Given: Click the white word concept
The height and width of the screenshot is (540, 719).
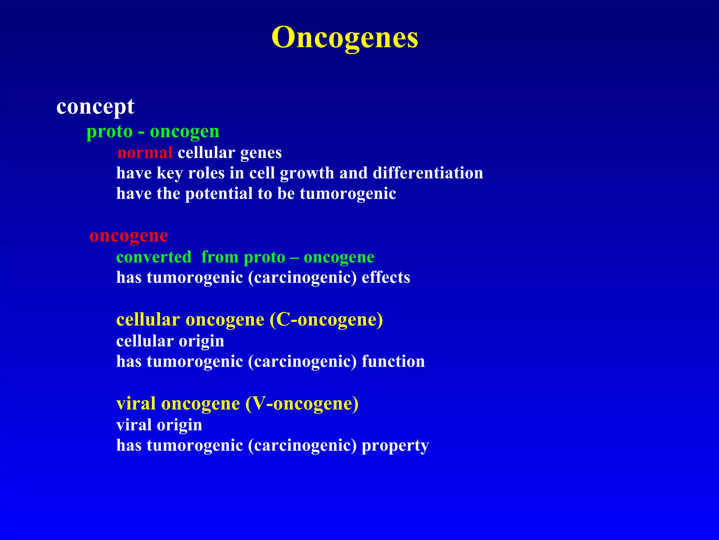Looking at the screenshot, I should [x=95, y=106].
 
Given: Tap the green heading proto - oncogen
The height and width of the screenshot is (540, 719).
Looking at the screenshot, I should [x=153, y=132].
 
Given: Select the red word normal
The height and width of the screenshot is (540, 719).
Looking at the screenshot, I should [x=145, y=153].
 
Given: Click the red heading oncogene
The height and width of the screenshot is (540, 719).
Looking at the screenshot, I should [x=128, y=236].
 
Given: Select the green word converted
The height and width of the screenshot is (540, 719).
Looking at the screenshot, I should [x=154, y=257].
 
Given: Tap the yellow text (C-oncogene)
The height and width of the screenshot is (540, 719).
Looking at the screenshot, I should [x=326, y=320].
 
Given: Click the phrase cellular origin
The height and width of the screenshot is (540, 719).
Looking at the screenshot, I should [x=170, y=341].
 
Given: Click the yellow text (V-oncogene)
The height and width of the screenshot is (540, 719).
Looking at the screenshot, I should [x=302, y=404].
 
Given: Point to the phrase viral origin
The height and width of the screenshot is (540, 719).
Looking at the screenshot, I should [x=159, y=425].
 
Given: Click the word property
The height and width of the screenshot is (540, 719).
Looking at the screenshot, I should [x=395, y=445].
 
